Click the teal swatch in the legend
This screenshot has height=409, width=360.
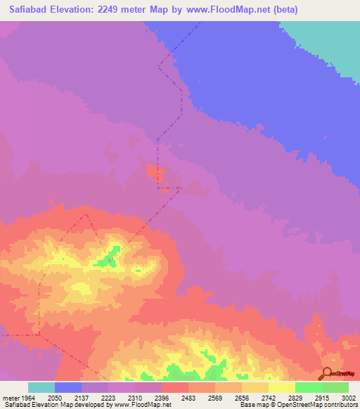(41, 387)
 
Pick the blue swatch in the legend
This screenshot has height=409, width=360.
(68, 387)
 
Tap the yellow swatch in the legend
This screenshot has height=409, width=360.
(282, 387)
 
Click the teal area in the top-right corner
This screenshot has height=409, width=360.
(330, 42)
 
